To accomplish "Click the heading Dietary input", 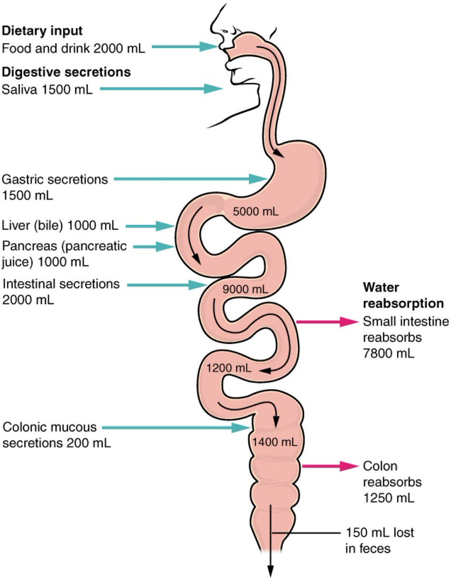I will pyautogui.click(x=43, y=31).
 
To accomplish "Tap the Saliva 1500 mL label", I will pyautogui.click(x=47, y=89).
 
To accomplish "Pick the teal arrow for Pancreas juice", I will pyautogui.click(x=154, y=246).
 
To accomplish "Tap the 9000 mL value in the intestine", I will pyautogui.click(x=245, y=290).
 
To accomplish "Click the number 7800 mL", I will pyautogui.click(x=388, y=353).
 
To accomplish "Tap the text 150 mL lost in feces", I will pyautogui.click(x=379, y=541).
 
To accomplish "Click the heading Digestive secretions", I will pyautogui.click(x=66, y=72).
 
